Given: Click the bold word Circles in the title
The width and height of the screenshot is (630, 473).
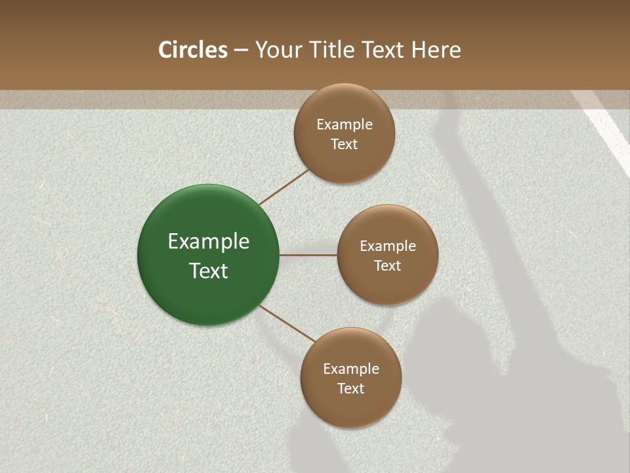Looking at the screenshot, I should click(x=193, y=50).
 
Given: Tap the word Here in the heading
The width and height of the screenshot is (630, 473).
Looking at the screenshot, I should click(x=436, y=50).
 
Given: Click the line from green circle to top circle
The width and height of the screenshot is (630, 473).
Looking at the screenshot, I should click(x=284, y=187).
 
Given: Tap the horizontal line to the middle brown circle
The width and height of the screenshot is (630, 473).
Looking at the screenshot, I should click(x=308, y=255).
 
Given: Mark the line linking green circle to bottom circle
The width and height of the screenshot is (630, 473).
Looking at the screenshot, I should click(x=287, y=323).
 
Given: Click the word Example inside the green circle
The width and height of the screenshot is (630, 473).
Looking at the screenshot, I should click(x=209, y=242).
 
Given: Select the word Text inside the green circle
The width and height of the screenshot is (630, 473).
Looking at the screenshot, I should click(x=209, y=271).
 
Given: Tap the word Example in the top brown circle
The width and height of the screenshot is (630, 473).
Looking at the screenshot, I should click(x=345, y=125).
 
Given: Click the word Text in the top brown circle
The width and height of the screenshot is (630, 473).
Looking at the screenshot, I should click(x=345, y=145).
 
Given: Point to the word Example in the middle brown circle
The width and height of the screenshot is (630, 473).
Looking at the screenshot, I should click(x=388, y=246).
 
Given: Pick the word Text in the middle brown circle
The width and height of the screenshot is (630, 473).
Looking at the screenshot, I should click(x=388, y=266).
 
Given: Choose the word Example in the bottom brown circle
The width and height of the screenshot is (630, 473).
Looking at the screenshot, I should click(x=351, y=369).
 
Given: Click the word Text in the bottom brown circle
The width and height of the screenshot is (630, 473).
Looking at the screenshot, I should click(x=351, y=389).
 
